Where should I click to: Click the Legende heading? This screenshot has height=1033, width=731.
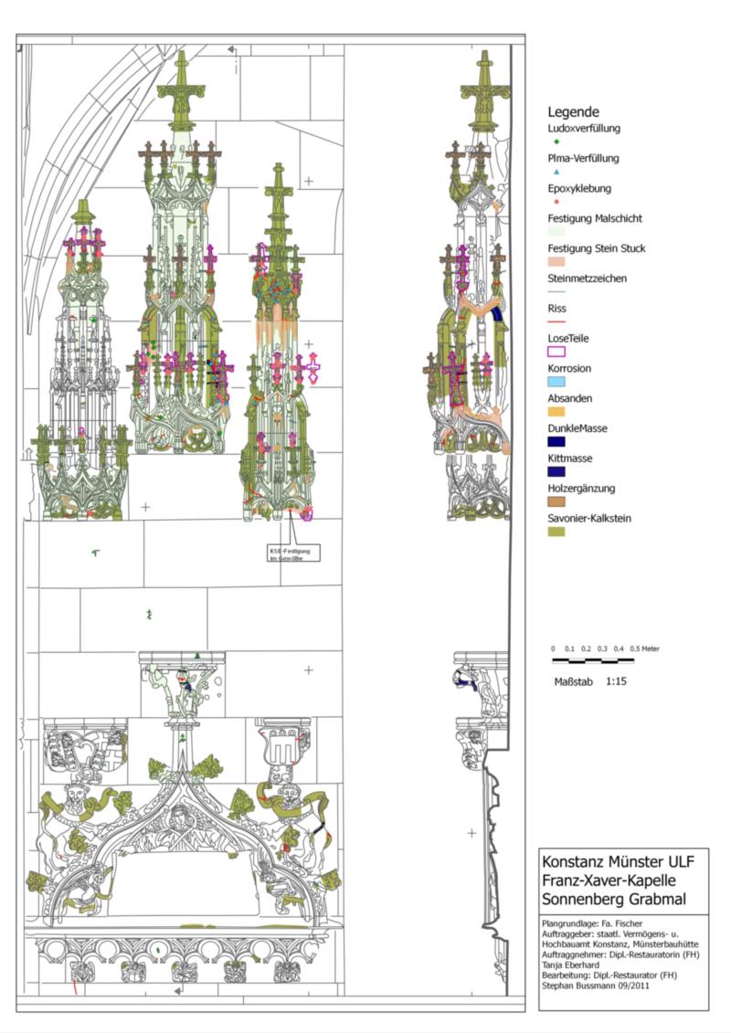(574, 111)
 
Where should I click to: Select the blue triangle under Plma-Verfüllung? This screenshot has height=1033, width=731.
(556, 172)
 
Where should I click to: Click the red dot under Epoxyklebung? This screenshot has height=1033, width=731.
(556, 202)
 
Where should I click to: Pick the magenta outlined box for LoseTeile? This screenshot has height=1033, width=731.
(556, 351)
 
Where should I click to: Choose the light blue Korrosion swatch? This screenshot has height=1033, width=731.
(556, 381)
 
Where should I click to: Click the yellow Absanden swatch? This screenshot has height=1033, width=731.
(556, 411)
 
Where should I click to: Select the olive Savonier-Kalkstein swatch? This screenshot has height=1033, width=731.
(556, 531)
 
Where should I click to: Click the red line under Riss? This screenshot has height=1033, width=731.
(556, 321)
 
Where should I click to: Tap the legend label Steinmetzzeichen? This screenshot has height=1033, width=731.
(587, 278)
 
